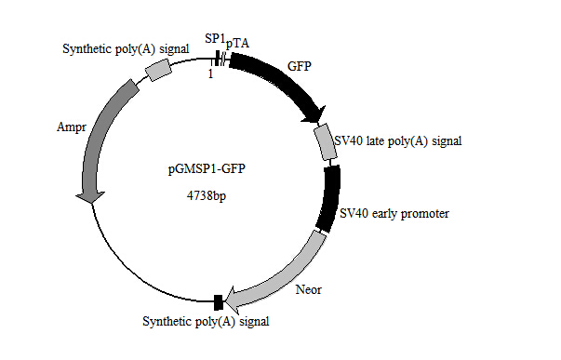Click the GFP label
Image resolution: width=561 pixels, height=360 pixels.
pyautogui.click(x=299, y=68)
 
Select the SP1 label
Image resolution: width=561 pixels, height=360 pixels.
pyautogui.click(x=215, y=38)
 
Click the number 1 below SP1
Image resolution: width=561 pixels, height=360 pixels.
pyautogui.click(x=211, y=74)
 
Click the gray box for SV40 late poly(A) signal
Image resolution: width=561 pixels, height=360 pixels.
pyautogui.click(x=326, y=142)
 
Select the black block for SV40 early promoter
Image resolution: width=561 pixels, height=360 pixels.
pyautogui.click(x=328, y=197)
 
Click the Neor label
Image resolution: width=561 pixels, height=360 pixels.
pyautogui.click(x=307, y=290)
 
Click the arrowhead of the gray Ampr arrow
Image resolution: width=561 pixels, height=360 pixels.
pyautogui.click(x=90, y=196)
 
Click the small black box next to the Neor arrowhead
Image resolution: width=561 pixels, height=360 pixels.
pyautogui.click(x=218, y=301)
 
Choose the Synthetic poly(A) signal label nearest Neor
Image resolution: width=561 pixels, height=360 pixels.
pyautogui.click(x=206, y=322)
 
